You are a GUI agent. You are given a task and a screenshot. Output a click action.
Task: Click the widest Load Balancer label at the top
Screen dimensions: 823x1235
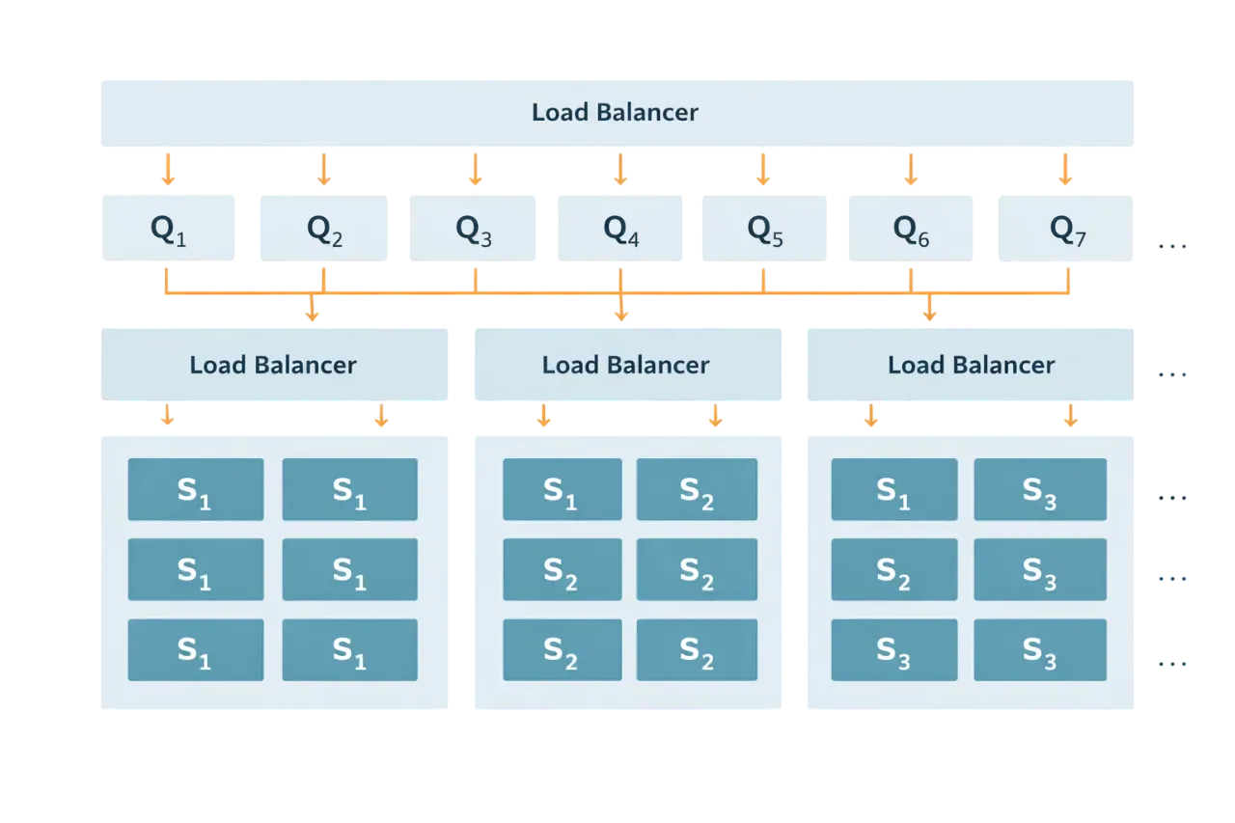point(616,113)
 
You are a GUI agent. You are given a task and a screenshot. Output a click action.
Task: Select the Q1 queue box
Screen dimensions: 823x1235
point(169,229)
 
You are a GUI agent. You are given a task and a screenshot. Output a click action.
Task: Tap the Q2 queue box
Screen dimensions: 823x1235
point(324,229)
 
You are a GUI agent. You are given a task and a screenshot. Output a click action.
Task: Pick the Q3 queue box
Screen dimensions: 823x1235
point(474,229)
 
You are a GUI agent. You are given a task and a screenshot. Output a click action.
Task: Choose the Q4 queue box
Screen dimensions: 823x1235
point(620,229)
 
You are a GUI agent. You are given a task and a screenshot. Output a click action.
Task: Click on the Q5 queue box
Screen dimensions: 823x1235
point(764,229)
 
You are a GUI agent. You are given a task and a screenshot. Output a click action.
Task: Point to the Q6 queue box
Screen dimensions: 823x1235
point(910,229)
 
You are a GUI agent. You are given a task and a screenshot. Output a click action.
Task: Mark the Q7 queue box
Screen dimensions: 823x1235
point(1065,229)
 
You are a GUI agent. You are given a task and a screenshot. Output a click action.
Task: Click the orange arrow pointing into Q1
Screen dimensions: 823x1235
point(168,171)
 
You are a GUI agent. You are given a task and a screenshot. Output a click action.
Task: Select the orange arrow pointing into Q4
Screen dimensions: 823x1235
point(621,171)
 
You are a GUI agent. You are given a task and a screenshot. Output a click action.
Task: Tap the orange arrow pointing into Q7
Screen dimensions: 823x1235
point(1065,171)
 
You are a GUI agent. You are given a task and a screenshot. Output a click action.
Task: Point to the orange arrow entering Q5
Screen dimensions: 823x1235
point(763,171)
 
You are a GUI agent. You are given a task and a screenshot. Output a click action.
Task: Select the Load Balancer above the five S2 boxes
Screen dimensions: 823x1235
point(626,366)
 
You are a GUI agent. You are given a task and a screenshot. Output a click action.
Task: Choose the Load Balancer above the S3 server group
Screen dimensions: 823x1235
point(970,366)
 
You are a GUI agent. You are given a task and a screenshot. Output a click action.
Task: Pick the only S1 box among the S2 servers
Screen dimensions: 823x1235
point(562,490)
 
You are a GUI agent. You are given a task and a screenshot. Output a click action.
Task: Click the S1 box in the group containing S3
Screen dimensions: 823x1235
point(893,490)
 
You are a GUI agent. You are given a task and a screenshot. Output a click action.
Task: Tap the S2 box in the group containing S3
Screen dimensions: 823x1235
point(893,570)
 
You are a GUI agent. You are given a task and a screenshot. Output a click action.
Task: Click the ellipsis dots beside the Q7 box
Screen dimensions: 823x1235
point(1172,248)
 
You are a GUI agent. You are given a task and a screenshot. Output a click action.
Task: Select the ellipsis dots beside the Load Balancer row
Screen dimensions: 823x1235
point(1172,373)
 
